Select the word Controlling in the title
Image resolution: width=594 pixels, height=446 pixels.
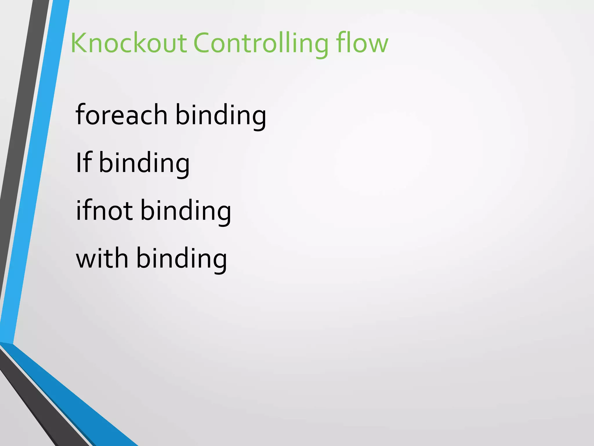260,44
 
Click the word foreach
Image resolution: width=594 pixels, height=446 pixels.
121,115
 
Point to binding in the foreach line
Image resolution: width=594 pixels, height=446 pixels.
221,115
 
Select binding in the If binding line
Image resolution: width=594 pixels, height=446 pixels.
144,163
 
